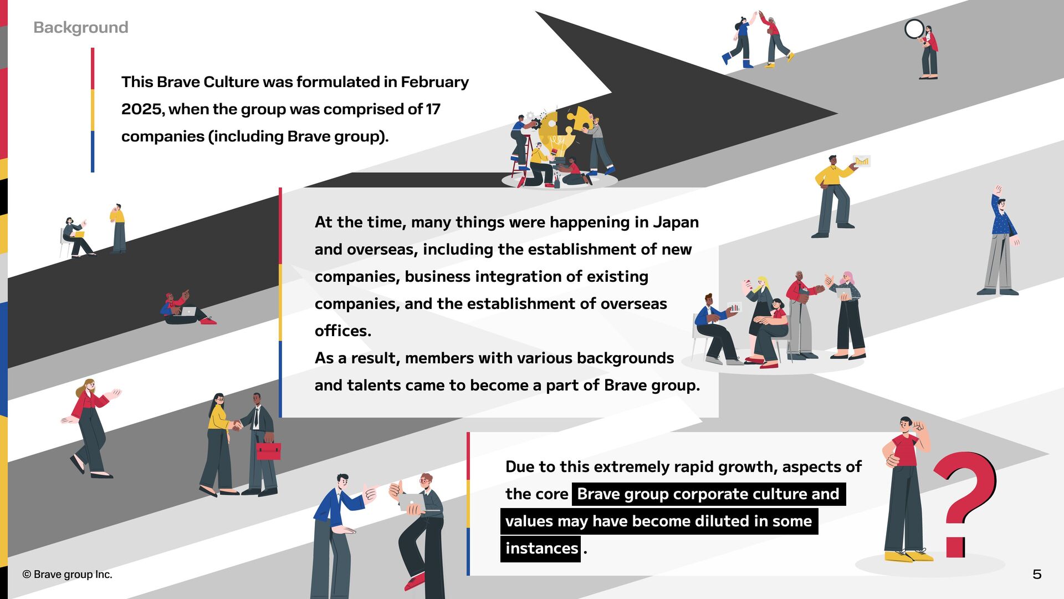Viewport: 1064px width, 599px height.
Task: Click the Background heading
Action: tap(81, 27)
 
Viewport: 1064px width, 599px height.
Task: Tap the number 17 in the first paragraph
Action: tap(433, 109)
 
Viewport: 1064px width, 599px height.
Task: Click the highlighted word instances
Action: tap(541, 549)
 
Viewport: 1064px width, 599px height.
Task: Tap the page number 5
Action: tap(1037, 574)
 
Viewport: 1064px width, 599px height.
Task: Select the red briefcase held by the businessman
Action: tap(269, 451)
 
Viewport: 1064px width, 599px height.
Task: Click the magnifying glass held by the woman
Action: tap(914, 29)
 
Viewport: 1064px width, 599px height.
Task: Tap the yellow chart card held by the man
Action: tap(861, 161)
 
